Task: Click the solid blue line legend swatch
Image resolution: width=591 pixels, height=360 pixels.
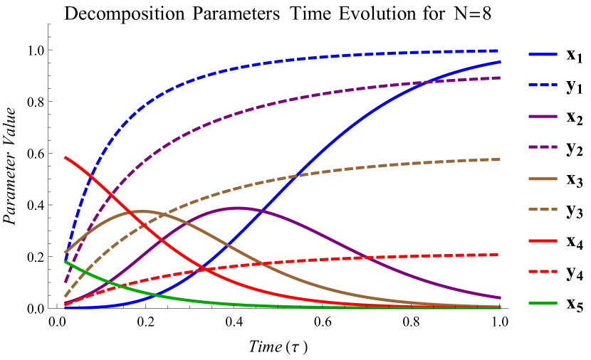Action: [543, 54]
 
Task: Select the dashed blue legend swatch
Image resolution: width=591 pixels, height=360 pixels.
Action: [543, 85]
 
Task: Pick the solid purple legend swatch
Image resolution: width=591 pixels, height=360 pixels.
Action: [543, 116]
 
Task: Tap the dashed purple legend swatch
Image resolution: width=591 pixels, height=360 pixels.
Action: [543, 147]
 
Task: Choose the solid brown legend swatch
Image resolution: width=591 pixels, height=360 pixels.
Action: [543, 179]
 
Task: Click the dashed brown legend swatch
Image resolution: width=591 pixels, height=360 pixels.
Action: [543, 210]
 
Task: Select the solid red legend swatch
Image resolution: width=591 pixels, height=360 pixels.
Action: [543, 240]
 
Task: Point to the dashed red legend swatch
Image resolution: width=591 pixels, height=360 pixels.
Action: [543, 272]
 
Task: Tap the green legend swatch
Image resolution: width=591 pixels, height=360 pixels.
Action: [543, 303]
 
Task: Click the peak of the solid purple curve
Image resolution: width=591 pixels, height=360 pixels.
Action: [237, 208]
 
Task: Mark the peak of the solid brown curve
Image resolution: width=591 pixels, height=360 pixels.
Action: [144, 211]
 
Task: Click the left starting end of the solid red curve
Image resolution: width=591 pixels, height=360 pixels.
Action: [65, 157]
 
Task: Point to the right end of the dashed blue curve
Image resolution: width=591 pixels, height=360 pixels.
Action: [500, 51]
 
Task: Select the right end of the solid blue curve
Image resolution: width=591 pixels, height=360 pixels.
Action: [501, 62]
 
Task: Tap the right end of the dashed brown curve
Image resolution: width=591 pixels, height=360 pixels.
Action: [500, 159]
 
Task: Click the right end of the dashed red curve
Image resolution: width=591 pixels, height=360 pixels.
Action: [500, 255]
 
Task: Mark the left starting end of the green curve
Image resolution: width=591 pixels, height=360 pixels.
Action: [65, 261]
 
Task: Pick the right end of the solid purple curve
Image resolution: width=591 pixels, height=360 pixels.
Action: [501, 298]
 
